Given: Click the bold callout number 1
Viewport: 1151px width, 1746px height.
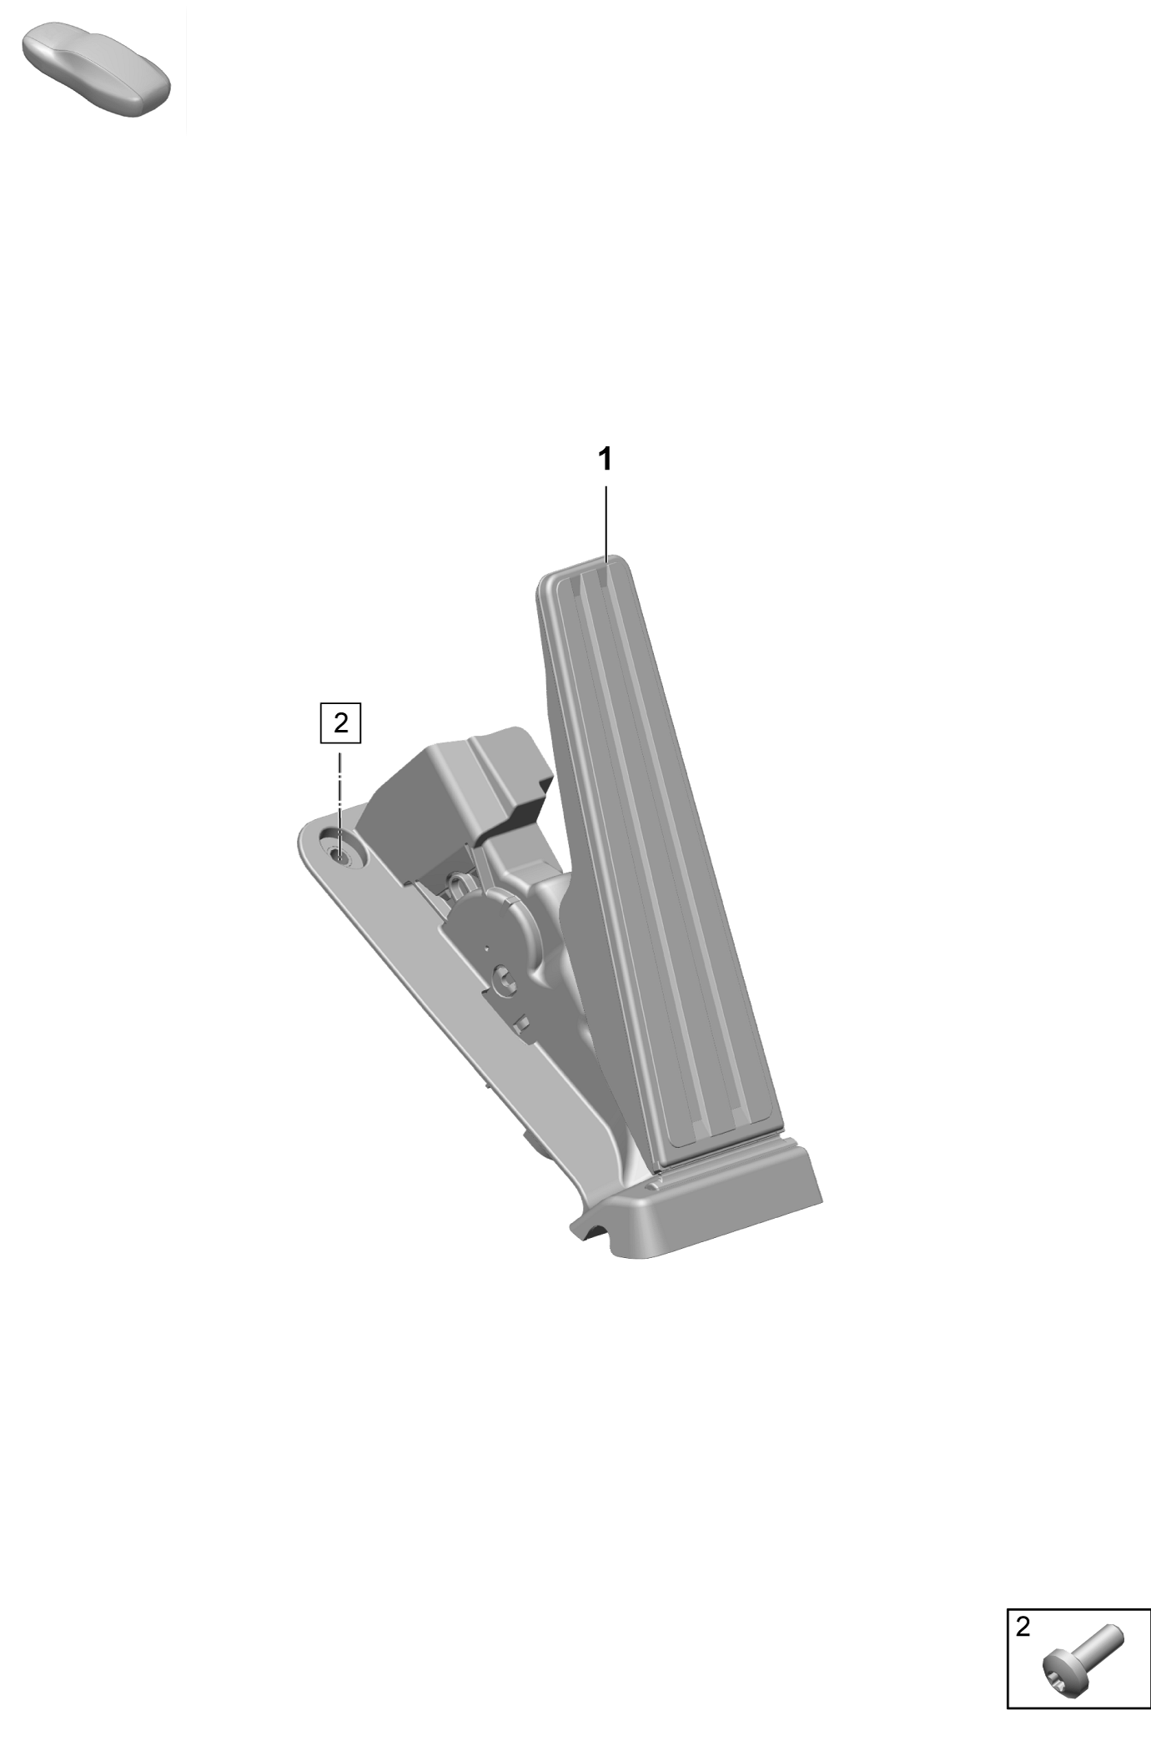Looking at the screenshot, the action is (x=606, y=459).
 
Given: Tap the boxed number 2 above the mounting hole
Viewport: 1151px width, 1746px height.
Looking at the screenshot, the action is (x=340, y=722).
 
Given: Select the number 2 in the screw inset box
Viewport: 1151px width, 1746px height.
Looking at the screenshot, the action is (x=1023, y=1626).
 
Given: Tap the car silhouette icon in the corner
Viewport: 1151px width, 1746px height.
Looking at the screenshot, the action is (x=96, y=71).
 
